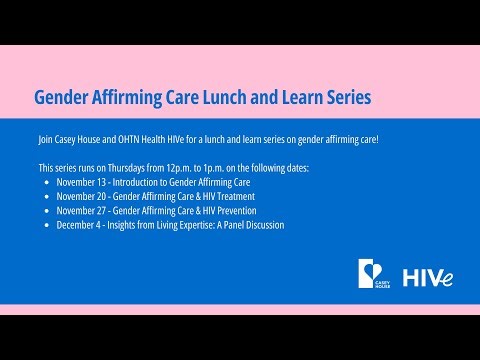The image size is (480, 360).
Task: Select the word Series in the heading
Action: tap(341, 97)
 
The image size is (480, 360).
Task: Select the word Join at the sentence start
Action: tap(46, 138)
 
